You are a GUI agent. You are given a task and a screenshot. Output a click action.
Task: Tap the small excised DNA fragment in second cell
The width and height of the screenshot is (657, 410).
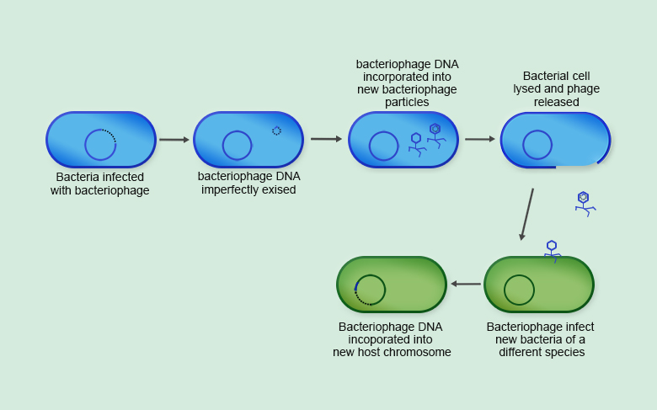point(276,130)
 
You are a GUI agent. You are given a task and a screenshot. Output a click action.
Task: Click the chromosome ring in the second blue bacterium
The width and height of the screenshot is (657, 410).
point(237,146)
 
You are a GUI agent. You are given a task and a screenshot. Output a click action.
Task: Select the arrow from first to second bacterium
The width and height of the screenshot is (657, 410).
point(174,140)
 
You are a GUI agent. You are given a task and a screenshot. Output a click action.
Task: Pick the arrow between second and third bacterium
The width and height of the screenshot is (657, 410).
point(326,139)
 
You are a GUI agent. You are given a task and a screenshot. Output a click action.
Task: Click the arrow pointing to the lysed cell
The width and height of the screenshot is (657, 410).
point(480,139)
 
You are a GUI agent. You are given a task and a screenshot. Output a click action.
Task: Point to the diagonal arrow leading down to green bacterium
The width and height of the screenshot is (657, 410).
point(527,214)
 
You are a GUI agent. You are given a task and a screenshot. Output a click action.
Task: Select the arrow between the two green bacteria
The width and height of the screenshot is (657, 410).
point(466,284)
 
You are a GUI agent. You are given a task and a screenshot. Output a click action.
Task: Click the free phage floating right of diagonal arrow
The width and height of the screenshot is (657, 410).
point(584,203)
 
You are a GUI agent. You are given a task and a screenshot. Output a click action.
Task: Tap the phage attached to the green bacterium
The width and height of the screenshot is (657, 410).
point(552,250)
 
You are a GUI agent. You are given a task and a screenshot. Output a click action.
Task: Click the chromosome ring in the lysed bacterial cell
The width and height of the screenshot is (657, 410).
point(537,145)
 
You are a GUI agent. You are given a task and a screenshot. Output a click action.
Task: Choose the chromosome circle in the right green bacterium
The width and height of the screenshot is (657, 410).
point(519,290)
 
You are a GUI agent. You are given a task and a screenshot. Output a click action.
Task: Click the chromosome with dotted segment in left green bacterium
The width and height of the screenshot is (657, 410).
point(370,290)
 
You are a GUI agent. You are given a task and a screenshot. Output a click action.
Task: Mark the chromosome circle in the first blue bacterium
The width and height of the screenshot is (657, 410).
point(100,145)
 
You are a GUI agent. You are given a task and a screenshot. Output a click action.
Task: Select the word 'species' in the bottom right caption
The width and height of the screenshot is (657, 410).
point(542,353)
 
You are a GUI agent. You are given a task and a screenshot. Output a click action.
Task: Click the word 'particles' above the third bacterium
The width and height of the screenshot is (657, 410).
point(407,103)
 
